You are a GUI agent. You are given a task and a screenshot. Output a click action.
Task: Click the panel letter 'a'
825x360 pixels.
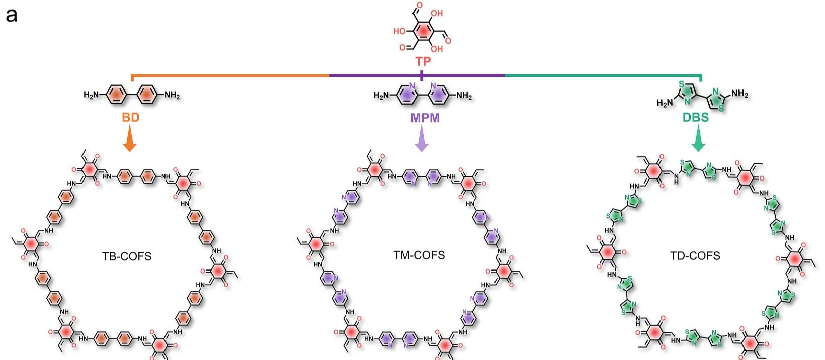(12, 16)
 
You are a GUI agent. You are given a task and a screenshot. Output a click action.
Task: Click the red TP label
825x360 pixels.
(423, 61)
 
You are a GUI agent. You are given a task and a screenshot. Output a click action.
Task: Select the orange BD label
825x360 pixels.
(131, 118)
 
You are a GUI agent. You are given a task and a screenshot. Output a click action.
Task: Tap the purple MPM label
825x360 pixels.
(425, 118)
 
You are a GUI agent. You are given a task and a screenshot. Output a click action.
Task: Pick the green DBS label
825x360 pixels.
(696, 118)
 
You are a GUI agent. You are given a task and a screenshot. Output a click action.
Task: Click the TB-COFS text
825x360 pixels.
(127, 256)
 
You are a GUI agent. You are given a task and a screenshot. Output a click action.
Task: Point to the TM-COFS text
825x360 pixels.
(419, 255)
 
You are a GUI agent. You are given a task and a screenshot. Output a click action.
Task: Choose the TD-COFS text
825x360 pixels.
(695, 256)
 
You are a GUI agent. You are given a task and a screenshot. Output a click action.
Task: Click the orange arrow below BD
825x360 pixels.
(130, 138)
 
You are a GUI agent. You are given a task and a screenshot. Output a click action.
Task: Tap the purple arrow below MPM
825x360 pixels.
(422, 138)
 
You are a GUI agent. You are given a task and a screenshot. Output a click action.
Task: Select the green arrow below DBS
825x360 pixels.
(698, 138)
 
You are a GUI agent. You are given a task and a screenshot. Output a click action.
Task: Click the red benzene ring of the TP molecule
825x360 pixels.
(423, 31)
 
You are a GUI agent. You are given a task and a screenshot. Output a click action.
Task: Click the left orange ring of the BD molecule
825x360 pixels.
(117, 95)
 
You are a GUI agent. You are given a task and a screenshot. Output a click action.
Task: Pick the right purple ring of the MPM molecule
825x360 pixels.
(438, 96)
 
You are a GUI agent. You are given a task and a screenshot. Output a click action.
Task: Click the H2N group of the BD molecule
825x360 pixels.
(92, 95)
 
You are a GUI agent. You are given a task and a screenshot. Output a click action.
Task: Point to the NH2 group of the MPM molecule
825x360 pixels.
(464, 96)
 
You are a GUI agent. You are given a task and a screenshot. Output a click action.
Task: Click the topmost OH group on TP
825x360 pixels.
(437, 13)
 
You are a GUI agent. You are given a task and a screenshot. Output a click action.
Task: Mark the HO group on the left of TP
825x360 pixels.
(399, 31)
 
